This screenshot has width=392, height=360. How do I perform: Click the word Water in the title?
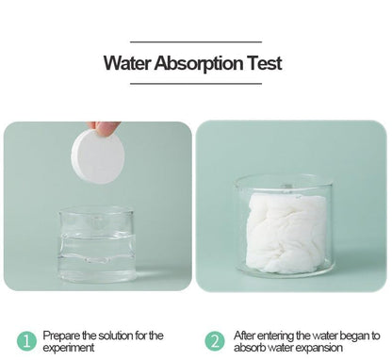(125, 65)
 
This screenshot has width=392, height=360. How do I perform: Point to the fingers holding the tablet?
(106, 127)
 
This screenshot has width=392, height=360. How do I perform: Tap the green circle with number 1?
(27, 340)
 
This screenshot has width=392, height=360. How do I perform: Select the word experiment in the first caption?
(68, 347)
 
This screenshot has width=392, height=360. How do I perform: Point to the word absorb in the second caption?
(251, 347)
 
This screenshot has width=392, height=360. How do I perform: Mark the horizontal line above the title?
(195, 42)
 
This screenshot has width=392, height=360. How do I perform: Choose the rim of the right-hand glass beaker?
(284, 177)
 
